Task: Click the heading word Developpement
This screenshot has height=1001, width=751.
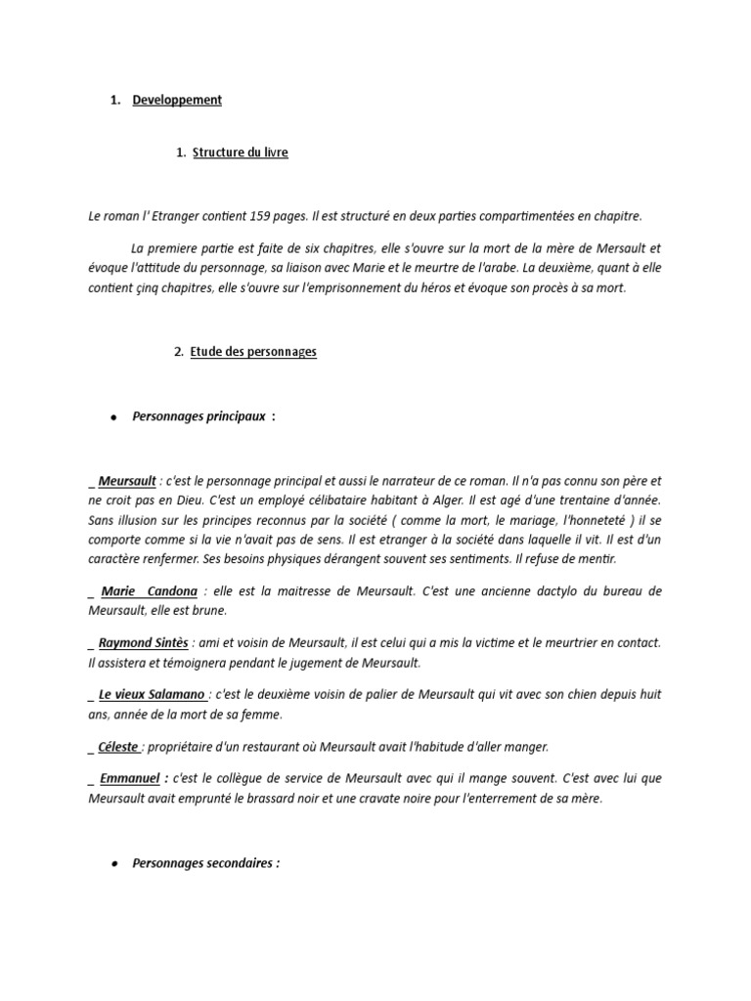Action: [x=177, y=100]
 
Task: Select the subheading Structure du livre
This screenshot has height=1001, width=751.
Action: [x=240, y=152]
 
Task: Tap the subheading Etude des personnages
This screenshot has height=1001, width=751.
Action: [x=254, y=352]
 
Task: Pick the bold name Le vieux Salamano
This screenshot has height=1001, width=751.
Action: [x=152, y=694]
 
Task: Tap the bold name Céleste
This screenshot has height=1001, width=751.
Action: [x=118, y=747]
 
